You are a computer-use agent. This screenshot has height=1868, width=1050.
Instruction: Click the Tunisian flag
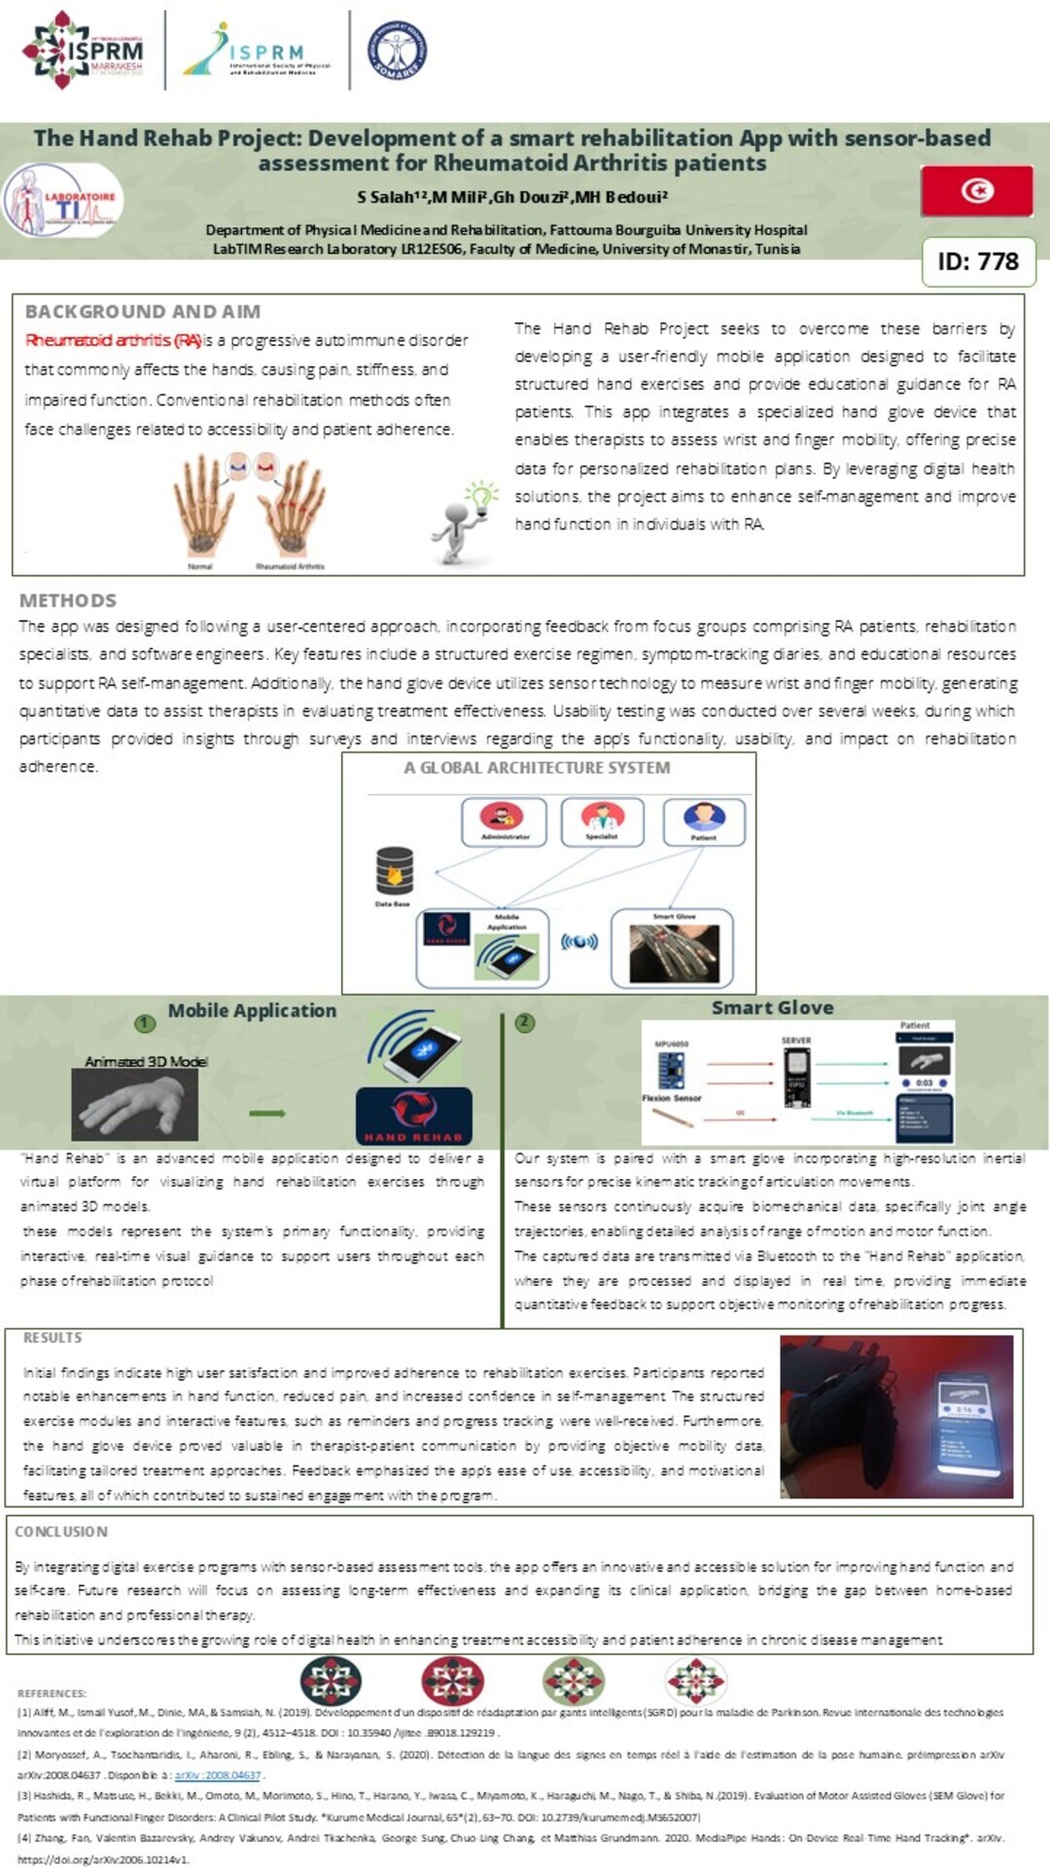click(976, 190)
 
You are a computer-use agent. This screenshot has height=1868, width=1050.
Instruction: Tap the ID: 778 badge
click(978, 261)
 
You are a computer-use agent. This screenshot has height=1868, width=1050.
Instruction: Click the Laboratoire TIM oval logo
click(63, 201)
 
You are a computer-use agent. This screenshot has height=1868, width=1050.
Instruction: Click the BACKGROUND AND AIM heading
click(143, 312)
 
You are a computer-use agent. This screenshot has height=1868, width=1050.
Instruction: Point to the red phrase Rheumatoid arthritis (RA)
click(113, 340)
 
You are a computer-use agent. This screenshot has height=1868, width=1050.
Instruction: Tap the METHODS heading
click(68, 601)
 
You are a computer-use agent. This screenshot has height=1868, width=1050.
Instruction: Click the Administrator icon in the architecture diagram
click(505, 820)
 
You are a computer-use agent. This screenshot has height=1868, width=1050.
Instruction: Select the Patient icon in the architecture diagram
click(704, 820)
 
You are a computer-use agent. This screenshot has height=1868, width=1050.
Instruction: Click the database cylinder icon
click(394, 871)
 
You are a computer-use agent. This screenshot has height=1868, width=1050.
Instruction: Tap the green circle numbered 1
click(145, 1022)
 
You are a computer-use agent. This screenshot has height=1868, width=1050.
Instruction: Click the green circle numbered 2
click(525, 1021)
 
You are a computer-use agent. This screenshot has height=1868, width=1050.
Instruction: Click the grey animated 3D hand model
click(135, 1104)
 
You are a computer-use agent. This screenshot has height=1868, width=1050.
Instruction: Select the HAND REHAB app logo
click(413, 1116)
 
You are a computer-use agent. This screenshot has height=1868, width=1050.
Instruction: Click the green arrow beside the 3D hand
click(266, 1113)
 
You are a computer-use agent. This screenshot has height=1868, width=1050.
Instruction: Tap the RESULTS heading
click(52, 1338)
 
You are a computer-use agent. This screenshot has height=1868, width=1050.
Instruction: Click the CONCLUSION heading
click(61, 1532)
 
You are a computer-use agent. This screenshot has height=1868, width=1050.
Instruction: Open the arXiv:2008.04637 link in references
click(218, 1775)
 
